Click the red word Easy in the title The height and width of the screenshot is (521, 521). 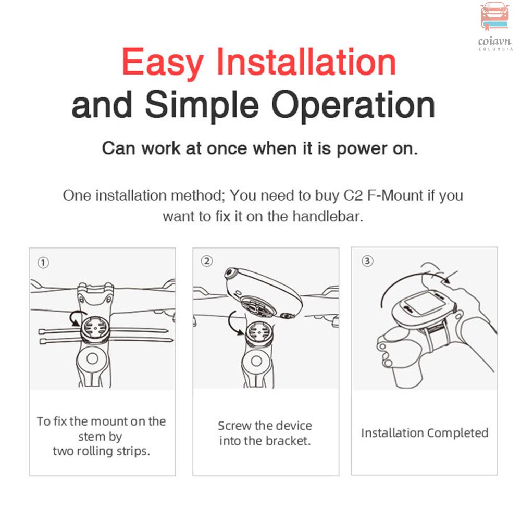163,63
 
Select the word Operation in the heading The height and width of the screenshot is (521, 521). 353,106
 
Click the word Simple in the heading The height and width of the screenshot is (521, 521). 202,106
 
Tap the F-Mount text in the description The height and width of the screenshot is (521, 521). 395,195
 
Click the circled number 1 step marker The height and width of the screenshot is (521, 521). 43,263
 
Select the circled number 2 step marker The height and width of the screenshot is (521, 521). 207,261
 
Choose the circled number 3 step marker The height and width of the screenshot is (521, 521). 367,261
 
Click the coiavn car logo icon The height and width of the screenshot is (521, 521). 495,16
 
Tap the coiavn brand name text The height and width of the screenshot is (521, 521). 494,42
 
